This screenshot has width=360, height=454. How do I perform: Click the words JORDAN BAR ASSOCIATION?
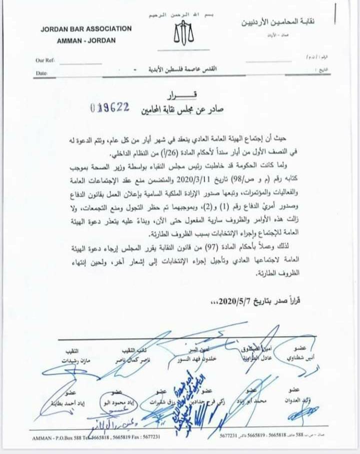[86, 28]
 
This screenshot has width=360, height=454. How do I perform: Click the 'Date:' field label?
[41, 73]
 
